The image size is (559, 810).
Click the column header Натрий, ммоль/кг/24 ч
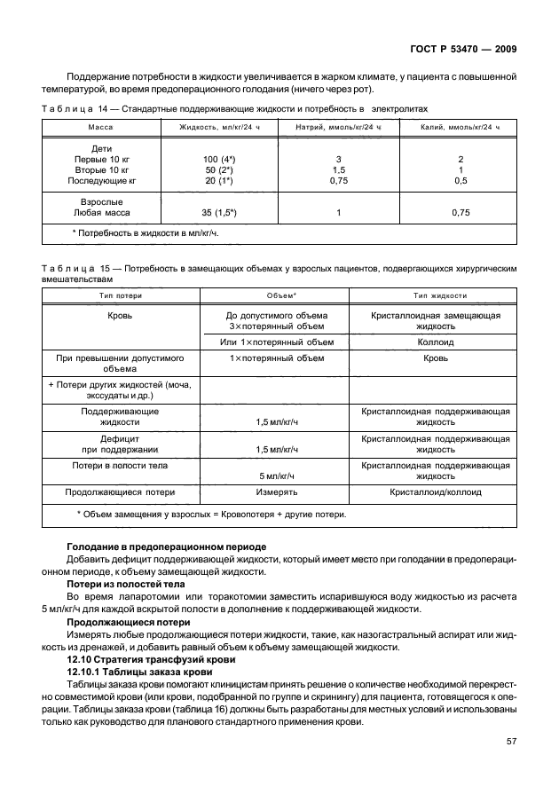click(338, 128)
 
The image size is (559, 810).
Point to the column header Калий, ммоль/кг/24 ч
click(460, 128)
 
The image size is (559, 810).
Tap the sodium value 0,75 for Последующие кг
click(338, 180)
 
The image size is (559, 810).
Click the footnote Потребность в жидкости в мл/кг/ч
click(145, 232)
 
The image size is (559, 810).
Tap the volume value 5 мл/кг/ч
click(276, 476)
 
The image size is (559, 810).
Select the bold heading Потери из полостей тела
click(126, 585)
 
